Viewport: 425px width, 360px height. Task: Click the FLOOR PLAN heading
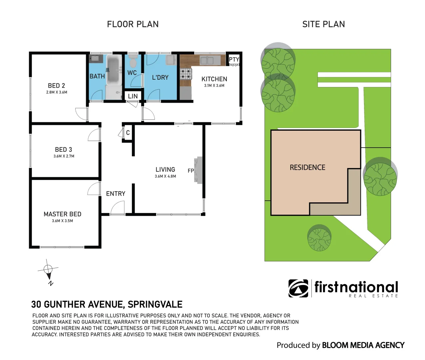point(133,24)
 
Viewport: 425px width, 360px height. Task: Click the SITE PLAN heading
point(323,24)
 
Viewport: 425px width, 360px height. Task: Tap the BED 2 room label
point(56,86)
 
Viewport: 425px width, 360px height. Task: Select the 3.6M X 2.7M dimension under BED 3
point(64,156)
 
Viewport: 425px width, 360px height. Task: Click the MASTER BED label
point(62,214)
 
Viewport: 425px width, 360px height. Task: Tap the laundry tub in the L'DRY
point(171,60)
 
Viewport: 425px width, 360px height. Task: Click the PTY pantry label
point(234,59)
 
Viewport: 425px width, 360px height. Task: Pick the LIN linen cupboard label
point(133,96)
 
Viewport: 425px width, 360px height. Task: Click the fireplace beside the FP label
point(199,170)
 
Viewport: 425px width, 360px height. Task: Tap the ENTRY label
point(116,194)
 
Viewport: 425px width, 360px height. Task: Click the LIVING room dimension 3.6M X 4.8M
point(165,176)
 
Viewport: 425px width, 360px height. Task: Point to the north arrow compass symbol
point(49,269)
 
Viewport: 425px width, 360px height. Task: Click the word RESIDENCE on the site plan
point(307,167)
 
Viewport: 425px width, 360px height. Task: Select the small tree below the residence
point(319,238)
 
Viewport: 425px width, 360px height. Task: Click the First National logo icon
point(298,288)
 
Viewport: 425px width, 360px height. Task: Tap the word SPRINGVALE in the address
point(155,304)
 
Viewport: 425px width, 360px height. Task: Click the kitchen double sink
point(207,60)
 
